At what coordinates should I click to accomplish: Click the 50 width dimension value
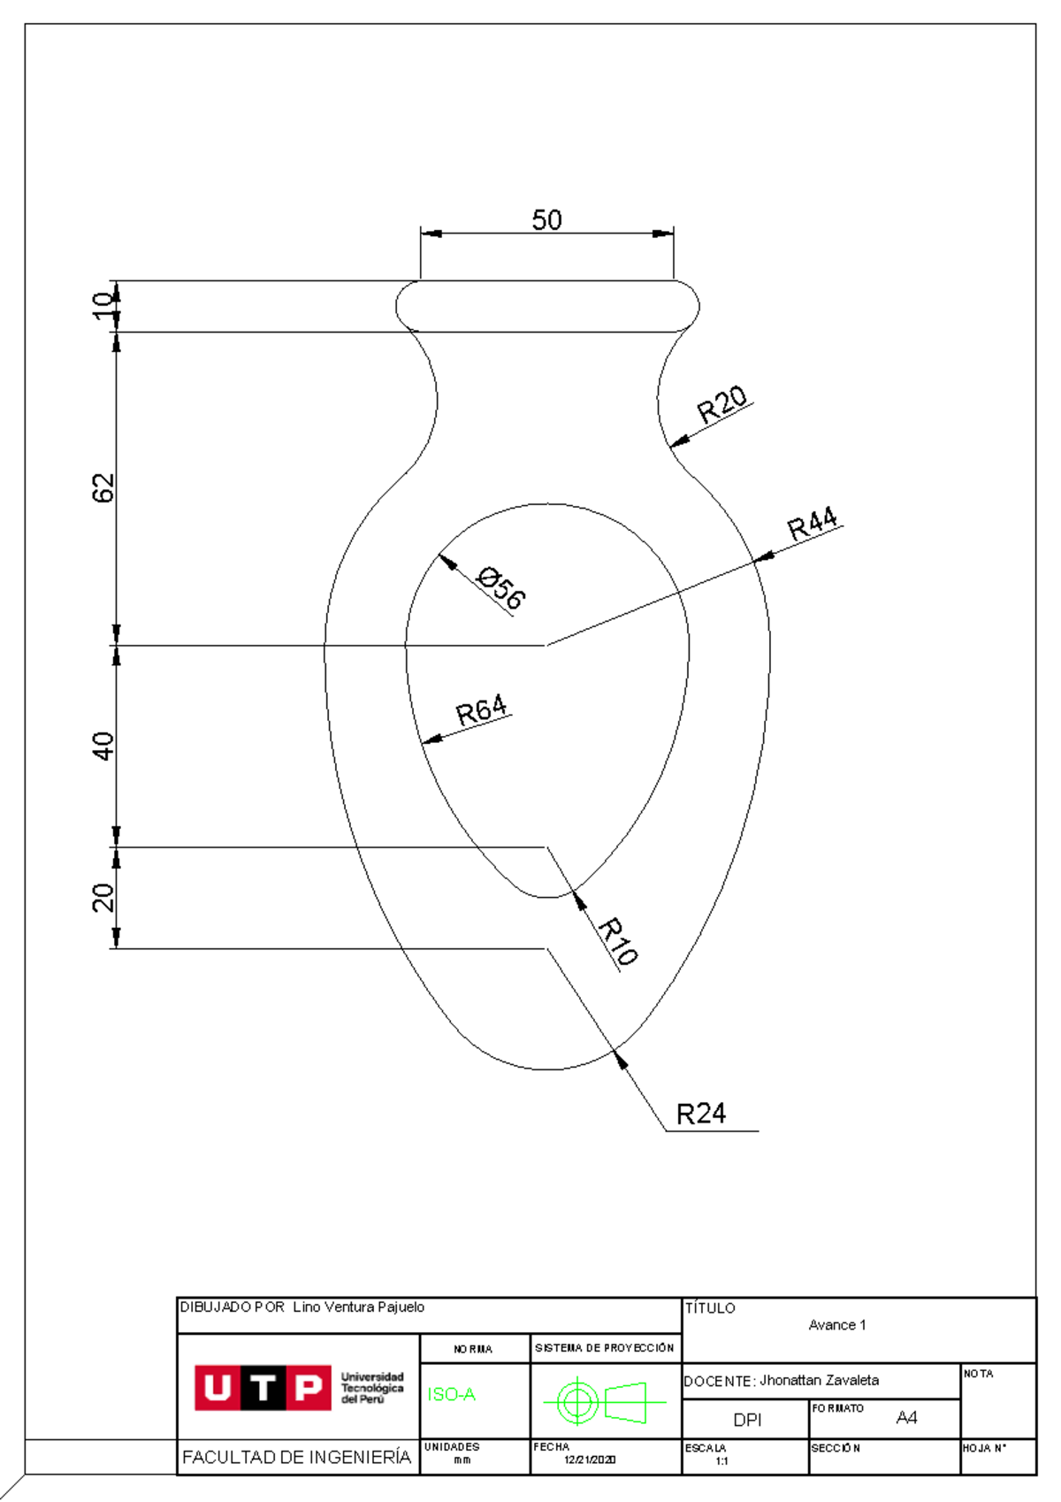(546, 219)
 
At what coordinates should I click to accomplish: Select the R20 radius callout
(722, 404)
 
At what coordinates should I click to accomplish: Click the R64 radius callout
(481, 710)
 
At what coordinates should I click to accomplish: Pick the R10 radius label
(617, 941)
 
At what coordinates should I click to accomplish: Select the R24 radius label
(700, 1114)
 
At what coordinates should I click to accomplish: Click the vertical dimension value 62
(103, 487)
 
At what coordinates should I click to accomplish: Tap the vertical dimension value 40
(103, 746)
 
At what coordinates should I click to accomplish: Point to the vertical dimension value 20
(103, 897)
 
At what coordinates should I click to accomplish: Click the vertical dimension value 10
(103, 305)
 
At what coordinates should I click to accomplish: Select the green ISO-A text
(451, 1395)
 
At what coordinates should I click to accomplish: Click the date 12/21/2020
(590, 1460)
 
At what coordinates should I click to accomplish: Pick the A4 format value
(906, 1418)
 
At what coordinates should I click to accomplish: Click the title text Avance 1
(836, 1325)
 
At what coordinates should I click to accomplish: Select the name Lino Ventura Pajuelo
(358, 1307)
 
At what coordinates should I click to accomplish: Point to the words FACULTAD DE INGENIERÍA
(296, 1457)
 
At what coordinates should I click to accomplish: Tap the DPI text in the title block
(747, 1420)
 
